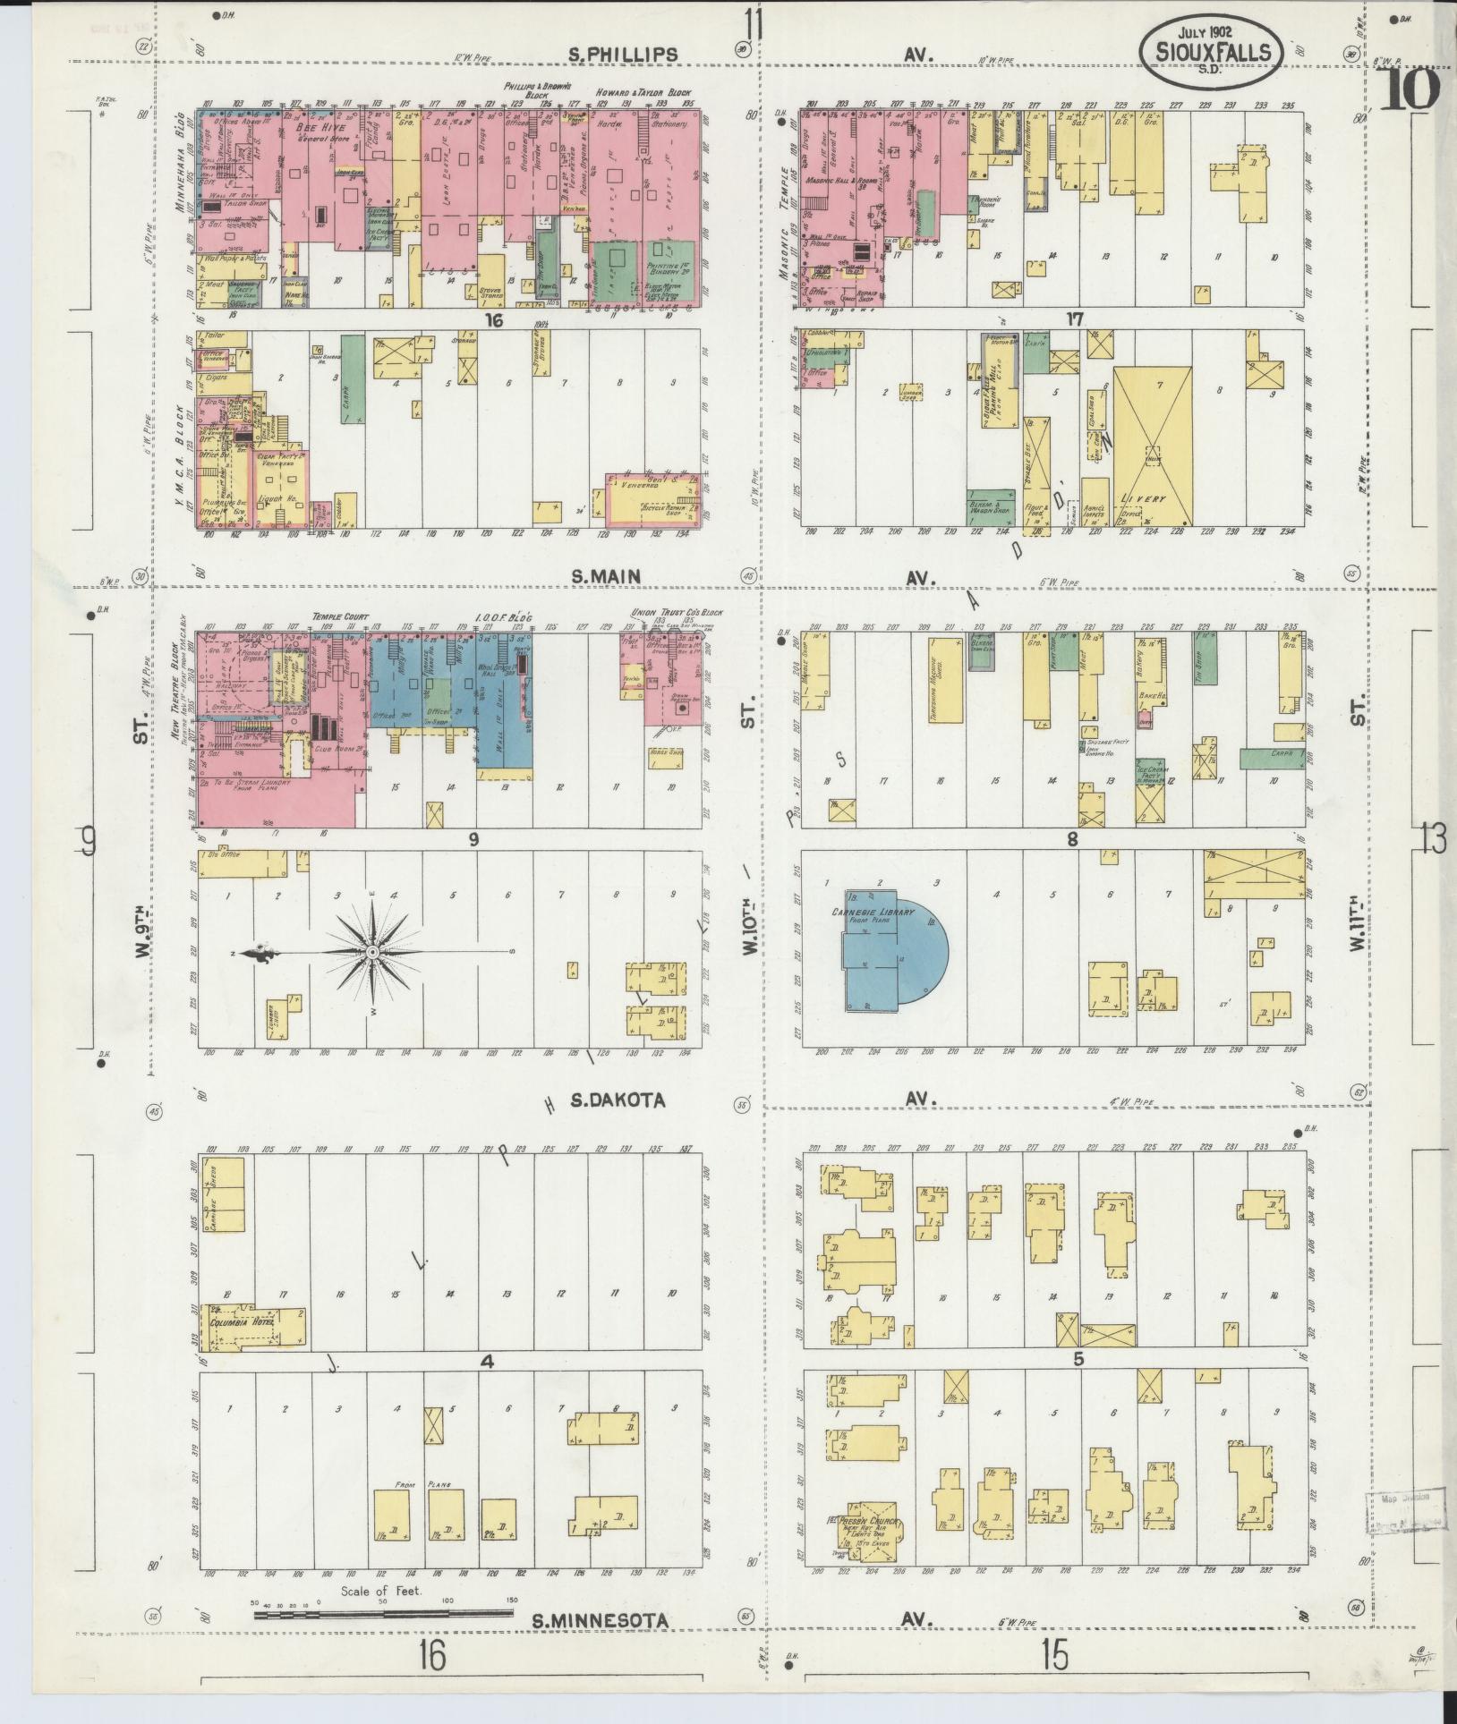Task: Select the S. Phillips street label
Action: pyautogui.click(x=624, y=55)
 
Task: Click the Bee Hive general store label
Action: pyautogui.click(x=315, y=132)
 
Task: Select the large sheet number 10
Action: pyautogui.click(x=1410, y=89)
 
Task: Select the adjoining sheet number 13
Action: pyautogui.click(x=1432, y=839)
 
